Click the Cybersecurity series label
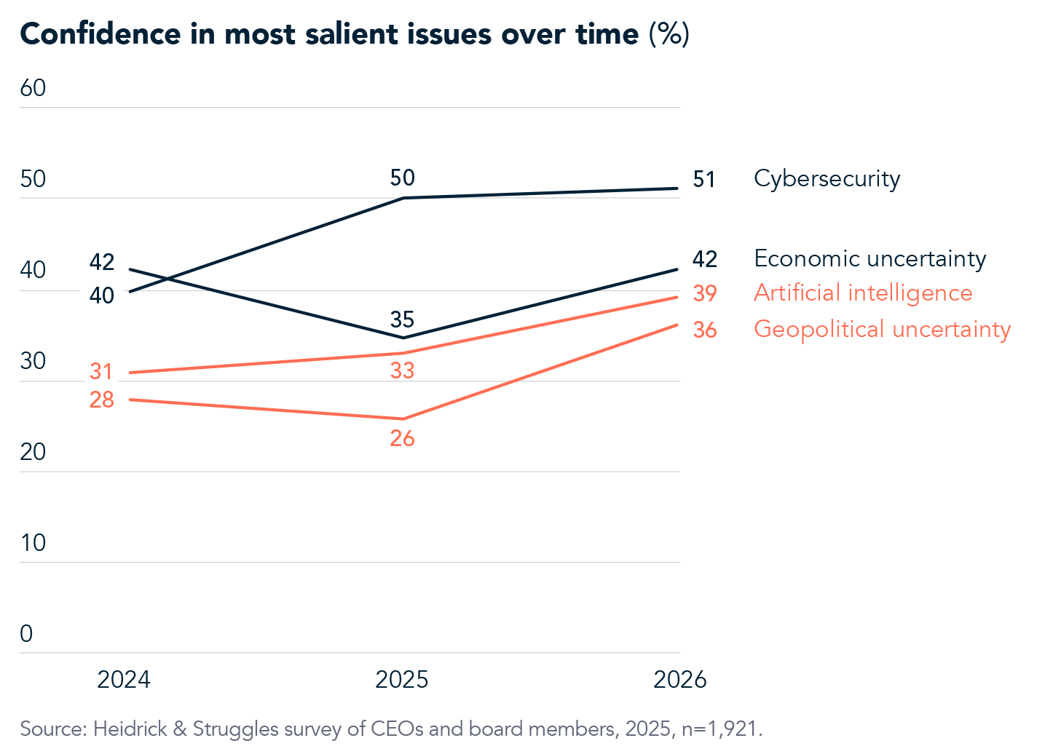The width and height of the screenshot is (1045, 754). (827, 179)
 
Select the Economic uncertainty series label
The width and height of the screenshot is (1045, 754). (869, 258)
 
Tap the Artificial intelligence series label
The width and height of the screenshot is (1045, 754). (863, 293)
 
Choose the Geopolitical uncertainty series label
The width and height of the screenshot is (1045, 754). (882, 329)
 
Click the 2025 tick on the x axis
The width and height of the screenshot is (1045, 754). (401, 680)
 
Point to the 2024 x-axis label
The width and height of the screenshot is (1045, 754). (124, 680)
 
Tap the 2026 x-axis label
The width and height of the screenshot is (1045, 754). (679, 680)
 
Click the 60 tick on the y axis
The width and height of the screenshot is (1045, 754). (33, 88)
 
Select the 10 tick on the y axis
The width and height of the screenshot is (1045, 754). (33, 543)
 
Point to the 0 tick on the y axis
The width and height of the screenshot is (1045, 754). (26, 634)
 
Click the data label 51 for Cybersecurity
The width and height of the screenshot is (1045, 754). (704, 180)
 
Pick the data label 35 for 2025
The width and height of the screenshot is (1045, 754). (402, 320)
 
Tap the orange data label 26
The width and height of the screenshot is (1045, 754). (402, 438)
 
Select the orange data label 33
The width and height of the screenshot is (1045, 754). (402, 371)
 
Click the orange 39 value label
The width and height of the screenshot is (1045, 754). (704, 293)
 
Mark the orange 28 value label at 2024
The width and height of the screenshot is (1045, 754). (102, 400)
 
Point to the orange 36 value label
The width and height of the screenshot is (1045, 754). (704, 330)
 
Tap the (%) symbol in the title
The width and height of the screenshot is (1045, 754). (669, 34)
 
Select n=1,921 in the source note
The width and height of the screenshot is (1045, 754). (722, 729)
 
